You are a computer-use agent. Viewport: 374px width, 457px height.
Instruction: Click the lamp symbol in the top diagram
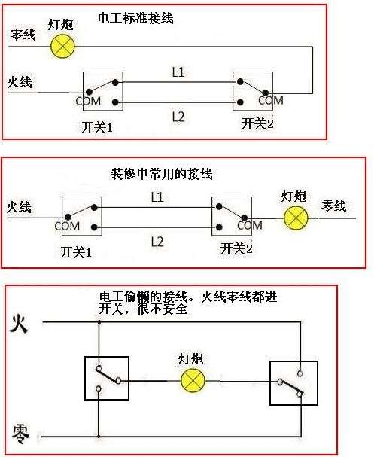64,47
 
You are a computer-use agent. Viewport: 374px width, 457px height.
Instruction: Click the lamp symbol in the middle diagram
296,218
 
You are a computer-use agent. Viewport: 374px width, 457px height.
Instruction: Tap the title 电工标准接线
135,17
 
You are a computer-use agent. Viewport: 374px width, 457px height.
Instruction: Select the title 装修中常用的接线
162,174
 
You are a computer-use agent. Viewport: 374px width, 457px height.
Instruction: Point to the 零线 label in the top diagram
23,35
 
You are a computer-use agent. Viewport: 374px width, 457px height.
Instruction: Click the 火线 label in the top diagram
20,81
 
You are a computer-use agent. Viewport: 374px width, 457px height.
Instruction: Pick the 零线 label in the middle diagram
333,206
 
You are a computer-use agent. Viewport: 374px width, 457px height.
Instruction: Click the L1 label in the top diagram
178,72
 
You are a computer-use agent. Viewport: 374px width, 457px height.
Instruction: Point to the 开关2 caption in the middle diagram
236,248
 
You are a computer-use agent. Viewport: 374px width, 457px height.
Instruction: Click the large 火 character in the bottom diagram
20,324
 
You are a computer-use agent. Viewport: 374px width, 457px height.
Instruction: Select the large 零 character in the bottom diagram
20,432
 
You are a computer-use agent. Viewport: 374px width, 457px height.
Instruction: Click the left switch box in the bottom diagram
106,378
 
